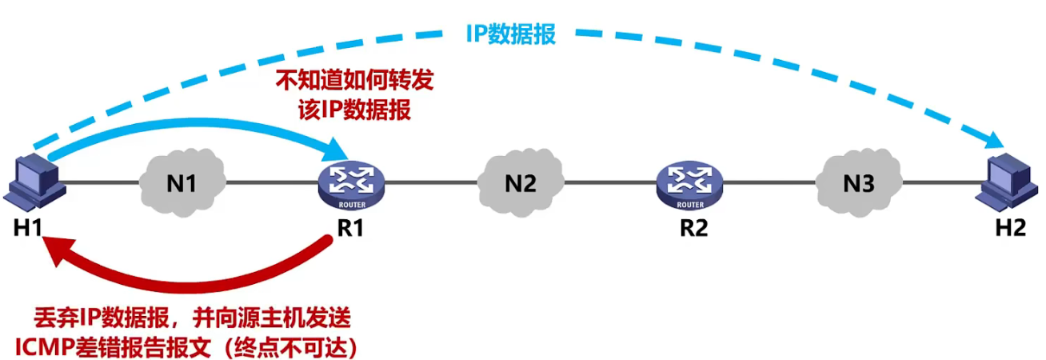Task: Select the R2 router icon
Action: (x=693, y=183)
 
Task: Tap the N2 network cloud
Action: (x=521, y=183)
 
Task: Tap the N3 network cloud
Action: (x=859, y=183)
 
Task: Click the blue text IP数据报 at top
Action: (x=510, y=34)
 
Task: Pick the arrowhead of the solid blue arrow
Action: (x=339, y=148)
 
